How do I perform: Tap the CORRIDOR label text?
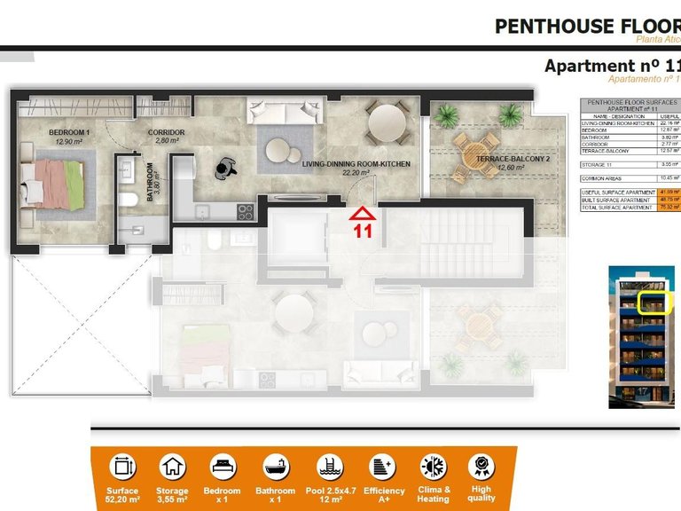166,132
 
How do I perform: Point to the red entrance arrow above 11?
362,213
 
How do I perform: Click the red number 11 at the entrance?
362,232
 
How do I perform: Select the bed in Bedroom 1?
53,185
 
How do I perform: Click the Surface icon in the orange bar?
122,466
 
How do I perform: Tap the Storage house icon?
173,466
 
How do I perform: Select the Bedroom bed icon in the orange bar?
223,466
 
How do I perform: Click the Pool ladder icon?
330,466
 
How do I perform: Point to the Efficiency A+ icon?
383,466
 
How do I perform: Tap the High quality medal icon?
481,466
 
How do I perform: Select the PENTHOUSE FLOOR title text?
586,26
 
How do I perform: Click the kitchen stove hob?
245,211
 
